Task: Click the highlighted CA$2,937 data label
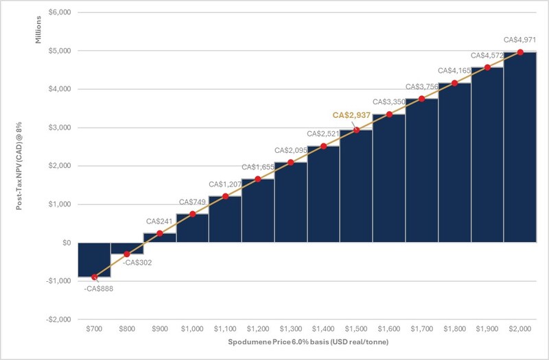pos(351,115)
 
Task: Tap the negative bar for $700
pos(94,260)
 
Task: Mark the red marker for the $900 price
pos(160,234)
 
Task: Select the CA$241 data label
pos(159,221)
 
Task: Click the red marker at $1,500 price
pos(356,130)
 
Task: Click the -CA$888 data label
pos(98,288)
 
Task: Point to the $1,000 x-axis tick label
pos(193,329)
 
